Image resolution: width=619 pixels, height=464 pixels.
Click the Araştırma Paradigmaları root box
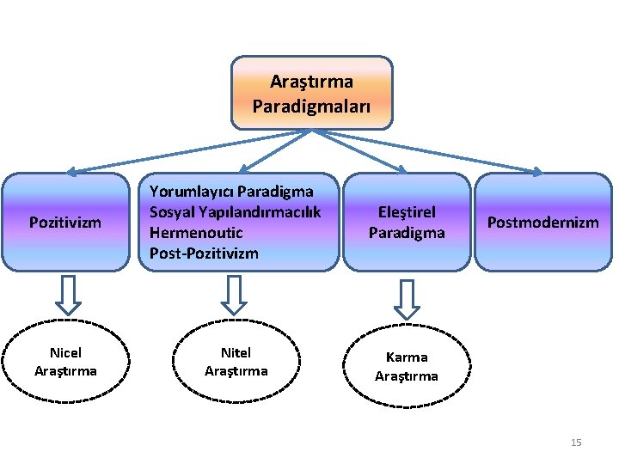coord(311,93)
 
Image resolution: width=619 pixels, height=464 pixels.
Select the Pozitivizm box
coord(65,222)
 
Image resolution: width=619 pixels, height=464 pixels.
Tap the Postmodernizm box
coord(542,222)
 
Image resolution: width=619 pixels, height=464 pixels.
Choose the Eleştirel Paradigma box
coord(407,222)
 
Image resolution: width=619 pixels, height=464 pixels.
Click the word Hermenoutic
coord(196,232)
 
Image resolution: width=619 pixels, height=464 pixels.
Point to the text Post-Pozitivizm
coord(204,253)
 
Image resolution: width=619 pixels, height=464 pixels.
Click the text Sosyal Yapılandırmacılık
coord(235,211)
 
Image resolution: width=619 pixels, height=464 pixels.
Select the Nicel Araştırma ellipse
coord(65,362)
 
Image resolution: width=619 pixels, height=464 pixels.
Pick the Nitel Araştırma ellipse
coord(236,362)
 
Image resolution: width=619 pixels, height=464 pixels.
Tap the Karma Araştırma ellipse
coord(407,366)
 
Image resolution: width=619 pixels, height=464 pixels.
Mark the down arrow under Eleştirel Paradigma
coord(407,298)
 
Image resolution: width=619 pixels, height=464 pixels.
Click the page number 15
coord(576,443)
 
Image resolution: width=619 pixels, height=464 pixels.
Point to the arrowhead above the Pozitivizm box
coord(74,172)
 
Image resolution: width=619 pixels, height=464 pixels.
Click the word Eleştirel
coord(407,211)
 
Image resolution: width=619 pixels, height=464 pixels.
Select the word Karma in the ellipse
coord(407,357)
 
